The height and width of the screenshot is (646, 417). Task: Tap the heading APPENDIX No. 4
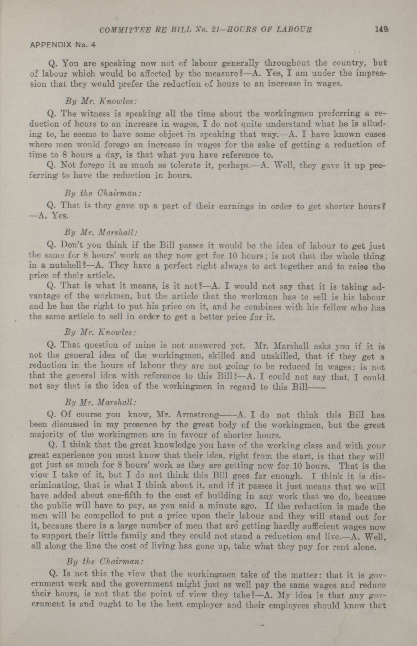pos(63,45)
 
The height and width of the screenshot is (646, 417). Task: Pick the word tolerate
pos(186,165)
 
